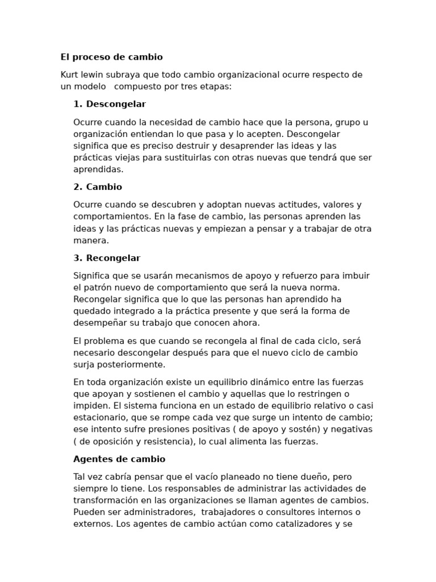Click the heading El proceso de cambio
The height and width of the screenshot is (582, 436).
[111, 57]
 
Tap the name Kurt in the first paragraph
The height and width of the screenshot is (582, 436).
[70, 75]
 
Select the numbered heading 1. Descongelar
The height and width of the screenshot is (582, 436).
[110, 104]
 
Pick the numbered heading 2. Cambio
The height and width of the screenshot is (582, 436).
[98, 187]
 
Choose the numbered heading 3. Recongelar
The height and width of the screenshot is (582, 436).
[107, 258]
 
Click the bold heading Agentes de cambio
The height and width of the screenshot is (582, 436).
[119, 459]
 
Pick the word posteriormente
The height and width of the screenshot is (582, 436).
[129, 365]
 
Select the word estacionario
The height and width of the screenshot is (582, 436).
[99, 418]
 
